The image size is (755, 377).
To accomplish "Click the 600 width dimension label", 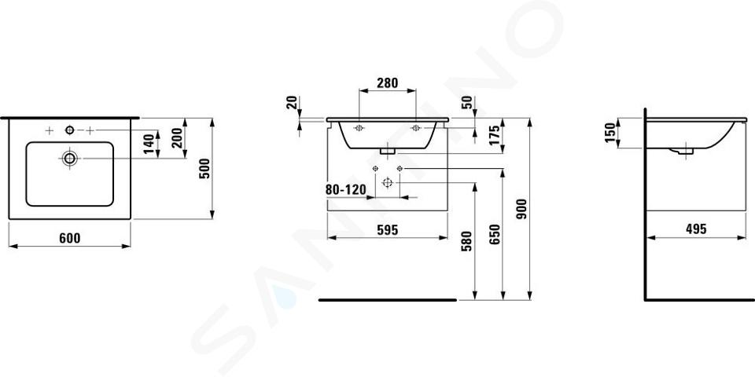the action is (x=70, y=237).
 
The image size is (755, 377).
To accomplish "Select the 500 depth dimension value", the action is (x=204, y=168).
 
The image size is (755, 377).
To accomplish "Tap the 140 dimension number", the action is (x=149, y=144).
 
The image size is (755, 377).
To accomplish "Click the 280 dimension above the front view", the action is (x=387, y=82).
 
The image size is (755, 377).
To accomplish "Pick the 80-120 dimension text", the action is (x=346, y=189).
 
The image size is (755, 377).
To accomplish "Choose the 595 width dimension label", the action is (x=387, y=230).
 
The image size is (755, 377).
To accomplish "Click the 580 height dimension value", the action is (x=466, y=241).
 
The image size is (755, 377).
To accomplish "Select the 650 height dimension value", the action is (x=495, y=235).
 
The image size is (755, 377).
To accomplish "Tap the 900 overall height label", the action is (x=522, y=208).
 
